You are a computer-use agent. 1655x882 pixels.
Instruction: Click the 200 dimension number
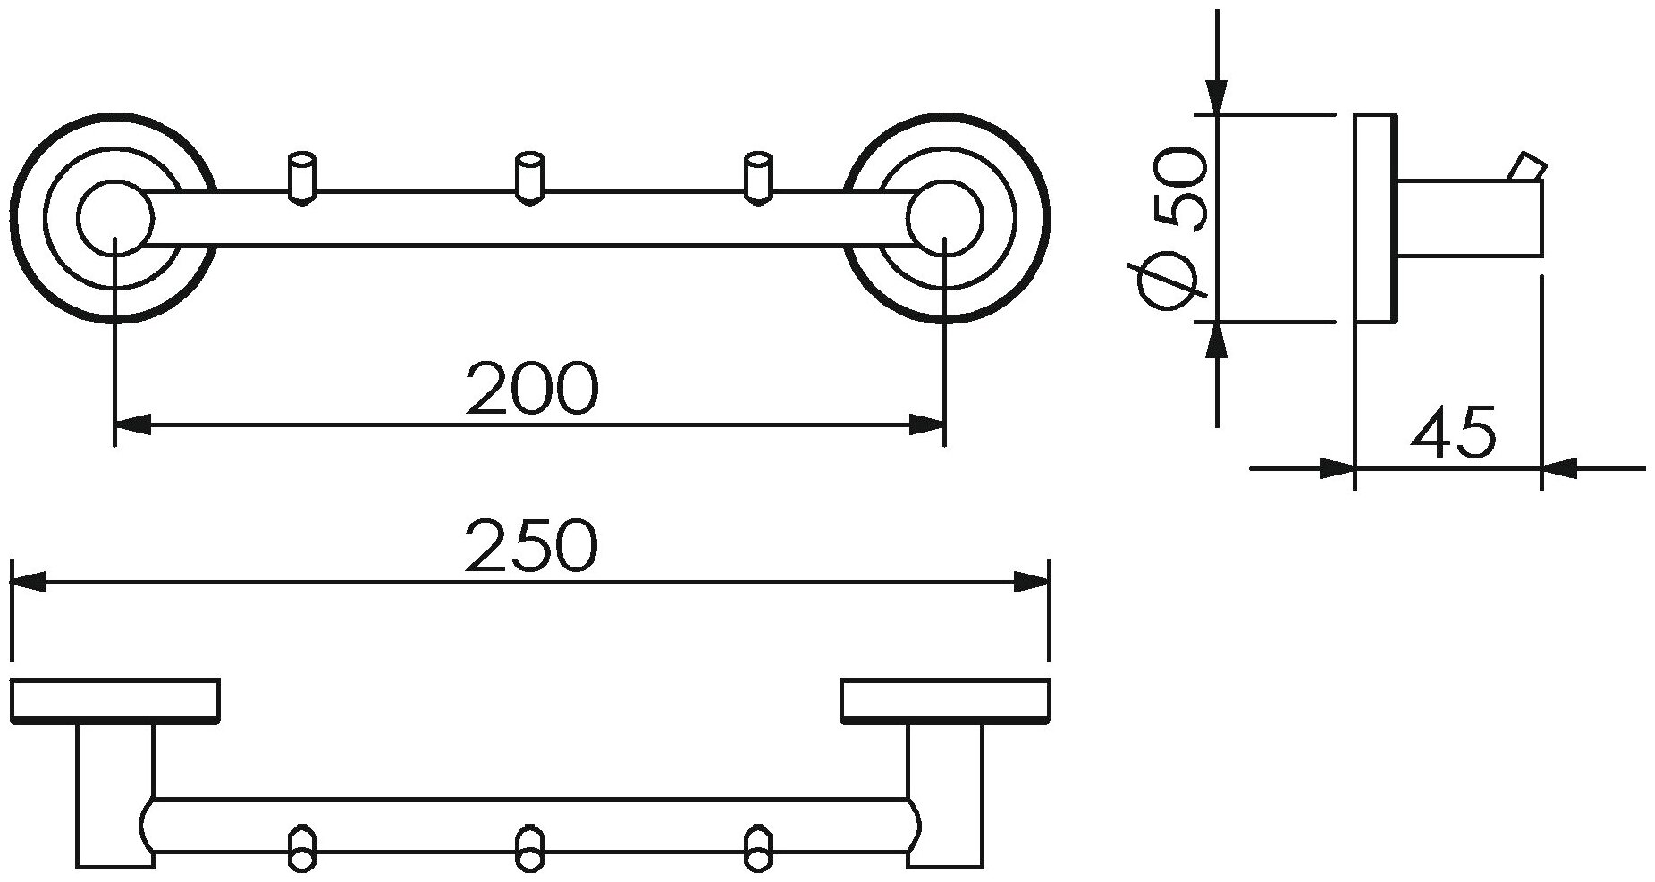[x=531, y=389]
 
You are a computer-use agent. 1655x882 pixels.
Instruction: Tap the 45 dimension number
[x=1452, y=433]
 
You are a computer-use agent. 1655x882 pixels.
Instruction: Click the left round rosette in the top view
[x=114, y=218]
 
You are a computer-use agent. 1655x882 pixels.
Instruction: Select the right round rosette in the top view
[x=946, y=218]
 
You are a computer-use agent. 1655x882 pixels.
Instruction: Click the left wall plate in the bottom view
[x=114, y=700]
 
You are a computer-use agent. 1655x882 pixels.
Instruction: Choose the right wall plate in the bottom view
[x=945, y=700]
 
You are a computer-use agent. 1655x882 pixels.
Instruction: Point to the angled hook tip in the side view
[x=1526, y=167]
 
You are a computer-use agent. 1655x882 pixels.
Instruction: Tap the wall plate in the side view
[x=1375, y=218]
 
